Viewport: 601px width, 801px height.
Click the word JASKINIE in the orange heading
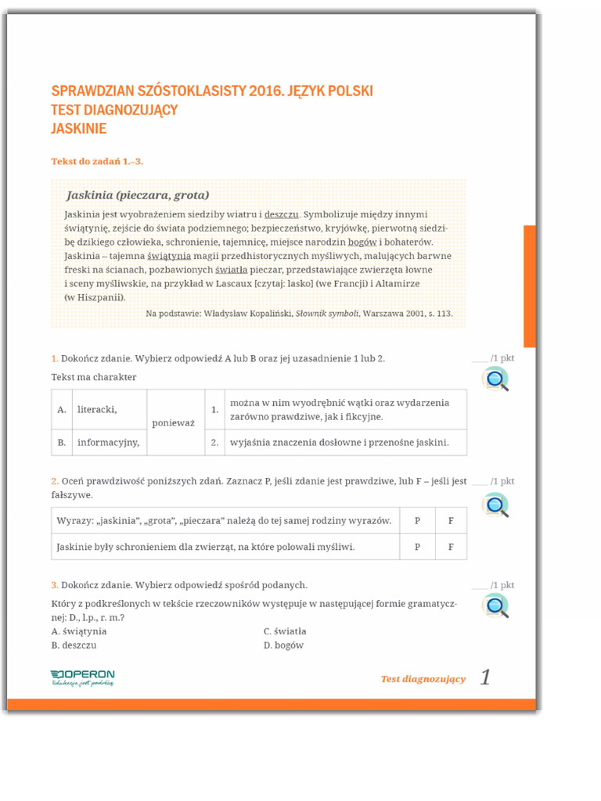pyautogui.click(x=78, y=128)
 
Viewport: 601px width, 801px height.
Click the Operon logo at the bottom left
pyautogui.click(x=82, y=677)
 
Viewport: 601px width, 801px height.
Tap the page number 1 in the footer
pyautogui.click(x=485, y=677)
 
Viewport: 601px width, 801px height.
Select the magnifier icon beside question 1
pyautogui.click(x=495, y=379)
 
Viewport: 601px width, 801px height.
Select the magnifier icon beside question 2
pyautogui.click(x=495, y=505)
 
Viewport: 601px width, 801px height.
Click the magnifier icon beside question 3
pyautogui.click(x=495, y=606)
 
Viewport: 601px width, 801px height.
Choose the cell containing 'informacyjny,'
pyautogui.click(x=108, y=442)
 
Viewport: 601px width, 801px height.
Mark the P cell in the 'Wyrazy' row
pyautogui.click(x=417, y=520)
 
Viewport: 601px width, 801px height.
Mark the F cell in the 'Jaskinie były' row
pyautogui.click(x=451, y=547)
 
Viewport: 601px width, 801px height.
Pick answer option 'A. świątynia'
pyautogui.click(x=79, y=630)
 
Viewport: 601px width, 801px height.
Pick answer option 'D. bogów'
pyautogui.click(x=283, y=645)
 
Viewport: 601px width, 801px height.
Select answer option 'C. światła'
pyautogui.click(x=285, y=630)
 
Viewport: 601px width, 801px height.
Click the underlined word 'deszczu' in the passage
pyautogui.click(x=282, y=214)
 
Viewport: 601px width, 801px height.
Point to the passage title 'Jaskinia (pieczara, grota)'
pyautogui.click(x=138, y=194)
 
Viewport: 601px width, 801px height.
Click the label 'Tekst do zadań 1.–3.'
pyautogui.click(x=97, y=162)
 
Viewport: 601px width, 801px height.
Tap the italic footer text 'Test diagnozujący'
pyautogui.click(x=423, y=679)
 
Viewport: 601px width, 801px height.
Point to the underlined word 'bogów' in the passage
pyautogui.click(x=362, y=242)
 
